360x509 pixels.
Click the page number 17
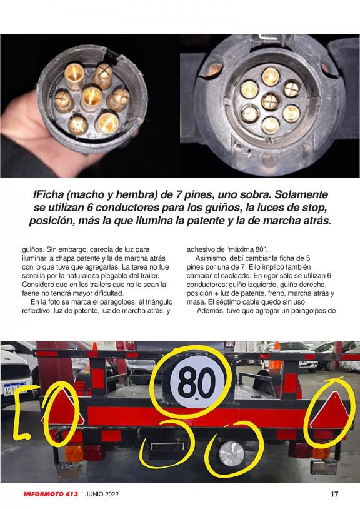(334, 495)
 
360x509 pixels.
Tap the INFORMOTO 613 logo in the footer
(51, 495)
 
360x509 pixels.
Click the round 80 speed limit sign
(197, 383)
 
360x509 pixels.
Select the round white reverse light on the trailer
(232, 451)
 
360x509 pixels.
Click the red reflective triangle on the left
(62, 410)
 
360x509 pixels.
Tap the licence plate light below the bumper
(167, 446)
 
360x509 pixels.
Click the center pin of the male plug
(92, 98)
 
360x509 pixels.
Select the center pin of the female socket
(271, 101)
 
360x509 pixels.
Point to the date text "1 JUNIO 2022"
(99, 495)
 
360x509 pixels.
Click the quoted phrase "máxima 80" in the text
(246, 250)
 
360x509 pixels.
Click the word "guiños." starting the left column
(32, 250)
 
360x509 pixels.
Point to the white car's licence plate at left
(15, 389)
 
